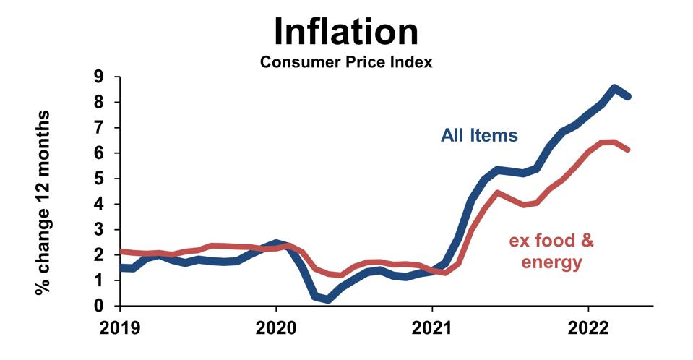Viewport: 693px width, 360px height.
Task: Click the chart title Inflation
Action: [346, 31]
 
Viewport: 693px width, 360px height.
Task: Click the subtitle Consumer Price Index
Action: [346, 62]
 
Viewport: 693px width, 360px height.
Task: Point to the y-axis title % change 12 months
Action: [45, 202]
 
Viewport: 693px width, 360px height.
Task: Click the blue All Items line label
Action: [479, 135]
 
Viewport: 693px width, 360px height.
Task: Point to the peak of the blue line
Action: [615, 89]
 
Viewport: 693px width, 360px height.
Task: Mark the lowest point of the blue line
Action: [327, 299]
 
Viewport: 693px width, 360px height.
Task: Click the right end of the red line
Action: [628, 150]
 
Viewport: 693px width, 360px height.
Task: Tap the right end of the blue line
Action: [628, 96]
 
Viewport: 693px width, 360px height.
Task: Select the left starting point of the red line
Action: [121, 252]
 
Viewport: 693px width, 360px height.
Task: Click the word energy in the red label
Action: [551, 262]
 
